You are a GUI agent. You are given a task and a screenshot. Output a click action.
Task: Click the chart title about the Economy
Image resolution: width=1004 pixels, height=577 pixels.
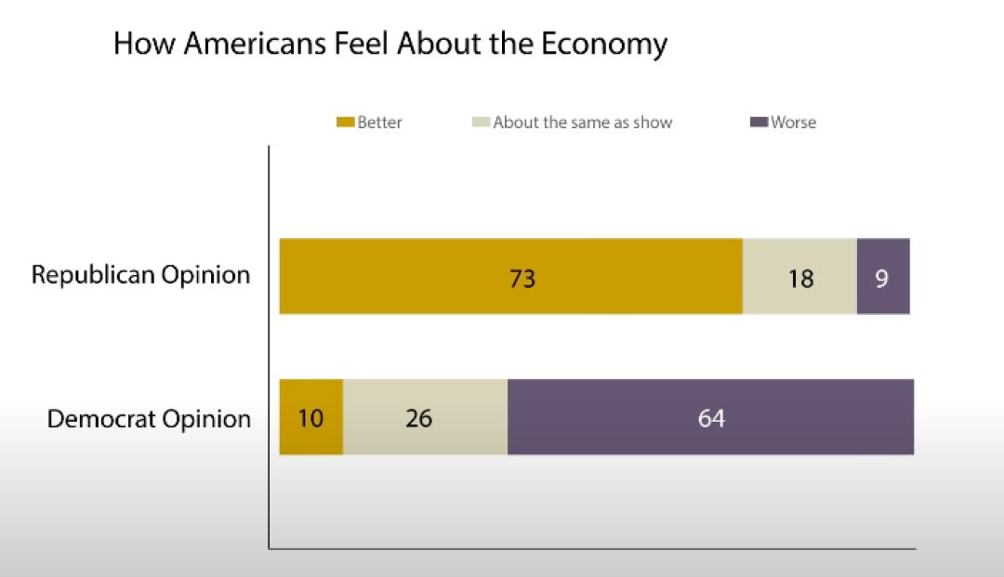coord(390,44)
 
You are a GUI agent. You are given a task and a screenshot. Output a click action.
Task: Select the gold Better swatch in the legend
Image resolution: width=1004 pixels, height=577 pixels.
coord(345,123)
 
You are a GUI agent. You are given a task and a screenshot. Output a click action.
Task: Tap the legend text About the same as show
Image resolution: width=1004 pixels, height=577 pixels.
coord(582,123)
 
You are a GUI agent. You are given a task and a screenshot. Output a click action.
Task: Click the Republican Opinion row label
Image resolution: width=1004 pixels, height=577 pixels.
coord(140,276)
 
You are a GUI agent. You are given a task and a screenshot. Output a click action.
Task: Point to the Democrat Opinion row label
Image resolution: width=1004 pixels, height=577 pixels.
coord(149,419)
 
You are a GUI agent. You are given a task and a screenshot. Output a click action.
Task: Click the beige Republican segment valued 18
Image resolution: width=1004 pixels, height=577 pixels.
coord(799,276)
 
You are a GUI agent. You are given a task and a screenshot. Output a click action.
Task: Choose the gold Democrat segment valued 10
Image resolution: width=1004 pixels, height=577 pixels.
coord(311,417)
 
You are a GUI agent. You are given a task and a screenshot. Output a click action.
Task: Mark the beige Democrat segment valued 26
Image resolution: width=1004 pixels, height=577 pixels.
coord(425,417)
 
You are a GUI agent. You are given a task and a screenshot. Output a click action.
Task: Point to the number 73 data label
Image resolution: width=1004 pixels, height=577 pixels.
coord(523,278)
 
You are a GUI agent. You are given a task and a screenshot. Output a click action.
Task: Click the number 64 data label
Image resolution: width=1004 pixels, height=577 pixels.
coord(711,418)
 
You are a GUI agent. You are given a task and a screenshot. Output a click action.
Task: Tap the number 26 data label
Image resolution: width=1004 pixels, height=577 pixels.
coord(419,418)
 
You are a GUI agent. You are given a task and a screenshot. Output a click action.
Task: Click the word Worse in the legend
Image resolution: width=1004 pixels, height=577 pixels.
coord(793,123)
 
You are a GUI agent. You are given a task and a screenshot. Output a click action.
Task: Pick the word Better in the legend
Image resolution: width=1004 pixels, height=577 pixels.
coord(380,123)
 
